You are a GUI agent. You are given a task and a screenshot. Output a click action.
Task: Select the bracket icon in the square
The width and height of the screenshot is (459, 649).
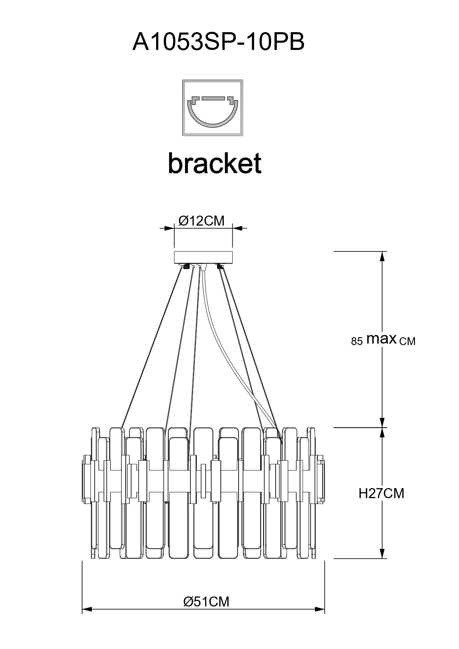213,108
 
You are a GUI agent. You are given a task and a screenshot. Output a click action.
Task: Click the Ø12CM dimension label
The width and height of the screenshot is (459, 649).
202,221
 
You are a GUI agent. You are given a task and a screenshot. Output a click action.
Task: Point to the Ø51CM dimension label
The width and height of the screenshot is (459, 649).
206,602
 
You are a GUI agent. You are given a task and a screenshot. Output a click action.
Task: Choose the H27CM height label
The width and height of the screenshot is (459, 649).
381,493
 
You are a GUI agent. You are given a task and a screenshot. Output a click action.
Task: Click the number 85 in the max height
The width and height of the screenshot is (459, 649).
357,341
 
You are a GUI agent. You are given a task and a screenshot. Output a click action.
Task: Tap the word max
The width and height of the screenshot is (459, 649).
381,338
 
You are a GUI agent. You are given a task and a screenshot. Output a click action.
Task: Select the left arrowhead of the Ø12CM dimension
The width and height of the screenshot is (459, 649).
170,228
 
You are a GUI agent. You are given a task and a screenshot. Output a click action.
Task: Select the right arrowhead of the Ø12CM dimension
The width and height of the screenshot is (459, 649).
237,228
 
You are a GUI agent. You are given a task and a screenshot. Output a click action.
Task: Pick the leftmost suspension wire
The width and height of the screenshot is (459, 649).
152,348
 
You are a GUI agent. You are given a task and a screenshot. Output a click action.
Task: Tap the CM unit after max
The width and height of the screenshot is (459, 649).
408,341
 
